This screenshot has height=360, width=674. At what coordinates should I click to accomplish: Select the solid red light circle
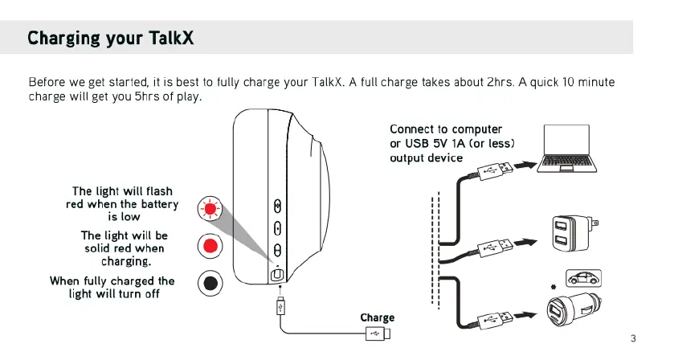[x=210, y=245]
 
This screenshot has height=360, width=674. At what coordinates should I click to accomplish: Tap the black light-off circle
[x=210, y=282]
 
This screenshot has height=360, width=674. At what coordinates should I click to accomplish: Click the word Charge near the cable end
[x=377, y=318]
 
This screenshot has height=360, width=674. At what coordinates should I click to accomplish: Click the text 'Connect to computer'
[x=446, y=129]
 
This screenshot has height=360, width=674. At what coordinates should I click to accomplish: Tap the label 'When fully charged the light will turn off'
[x=112, y=287]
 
